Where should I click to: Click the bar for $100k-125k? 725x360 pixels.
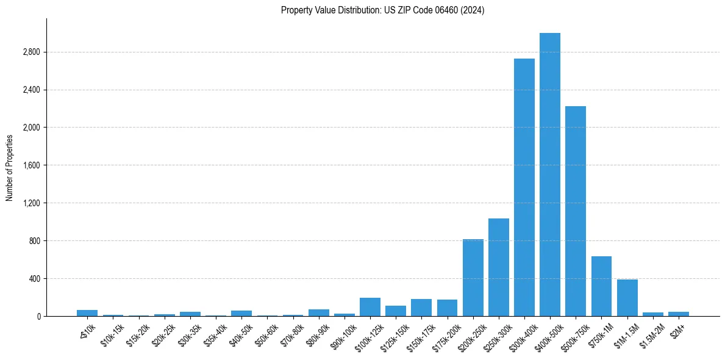[x=370, y=307]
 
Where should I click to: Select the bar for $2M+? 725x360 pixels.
[x=678, y=314]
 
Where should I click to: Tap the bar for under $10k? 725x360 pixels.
[x=87, y=313]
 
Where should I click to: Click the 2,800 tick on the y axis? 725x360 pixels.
[x=30, y=52]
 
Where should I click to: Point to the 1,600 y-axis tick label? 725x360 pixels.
[x=30, y=165]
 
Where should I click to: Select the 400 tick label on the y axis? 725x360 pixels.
[x=34, y=279]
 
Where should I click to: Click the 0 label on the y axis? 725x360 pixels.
[x=38, y=317]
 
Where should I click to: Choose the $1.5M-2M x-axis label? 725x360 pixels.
[x=651, y=333]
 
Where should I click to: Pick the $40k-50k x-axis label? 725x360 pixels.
[x=240, y=333]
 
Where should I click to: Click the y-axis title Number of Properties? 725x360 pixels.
[x=10, y=167]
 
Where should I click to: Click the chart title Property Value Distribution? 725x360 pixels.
[x=382, y=10]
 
